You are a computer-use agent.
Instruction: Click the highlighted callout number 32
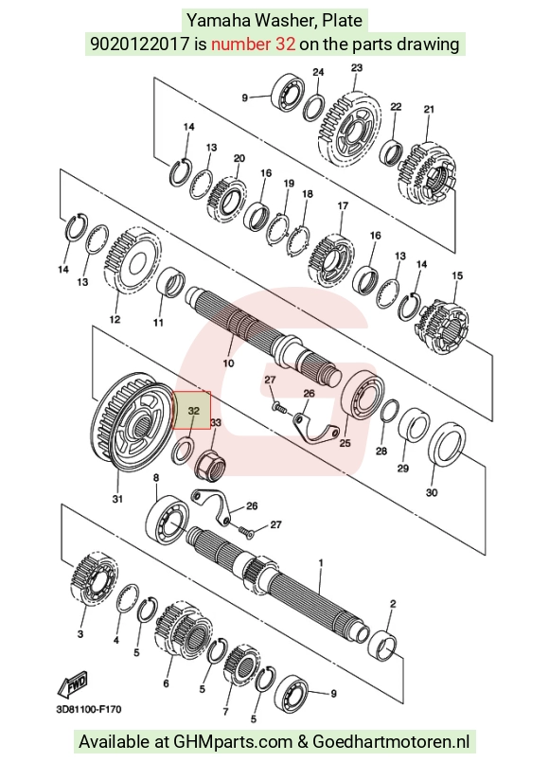[x=193, y=411]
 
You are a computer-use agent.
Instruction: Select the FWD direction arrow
[x=73, y=683]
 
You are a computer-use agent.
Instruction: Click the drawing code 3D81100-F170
[x=89, y=710]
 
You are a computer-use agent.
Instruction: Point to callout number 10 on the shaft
[x=228, y=363]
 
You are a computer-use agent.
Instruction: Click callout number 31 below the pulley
[x=117, y=499]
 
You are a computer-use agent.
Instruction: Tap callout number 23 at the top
[x=357, y=67]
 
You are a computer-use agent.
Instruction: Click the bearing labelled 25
[x=363, y=399]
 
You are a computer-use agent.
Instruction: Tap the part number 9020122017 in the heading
[x=139, y=44]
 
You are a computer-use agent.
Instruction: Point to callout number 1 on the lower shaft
[x=321, y=563]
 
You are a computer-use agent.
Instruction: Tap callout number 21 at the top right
[x=429, y=110]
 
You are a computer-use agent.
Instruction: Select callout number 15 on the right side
[x=457, y=275]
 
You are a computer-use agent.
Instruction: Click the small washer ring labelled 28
[x=390, y=414]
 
